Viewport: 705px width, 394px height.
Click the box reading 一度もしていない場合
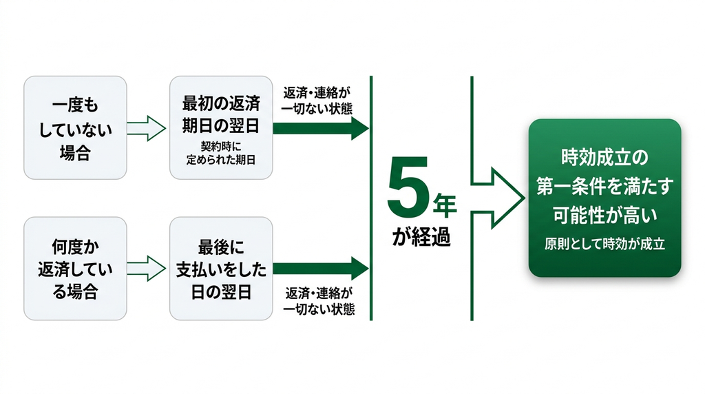[x=75, y=127]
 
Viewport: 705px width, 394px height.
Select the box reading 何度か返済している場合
[x=75, y=269]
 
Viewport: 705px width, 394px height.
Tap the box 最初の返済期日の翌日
[x=221, y=127]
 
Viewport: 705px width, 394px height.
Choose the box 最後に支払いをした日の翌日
[x=221, y=269]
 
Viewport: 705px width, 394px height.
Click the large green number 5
[x=408, y=186]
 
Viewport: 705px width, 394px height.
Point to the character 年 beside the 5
[x=445, y=205]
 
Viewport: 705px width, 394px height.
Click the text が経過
[x=421, y=236]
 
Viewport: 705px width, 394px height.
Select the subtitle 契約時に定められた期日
[x=221, y=154]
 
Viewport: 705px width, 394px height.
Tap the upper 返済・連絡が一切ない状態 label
[x=317, y=101]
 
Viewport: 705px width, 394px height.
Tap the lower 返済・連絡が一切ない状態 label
[x=319, y=301]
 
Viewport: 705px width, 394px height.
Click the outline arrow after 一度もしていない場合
[x=147, y=128]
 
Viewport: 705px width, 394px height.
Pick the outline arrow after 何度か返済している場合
[x=147, y=269]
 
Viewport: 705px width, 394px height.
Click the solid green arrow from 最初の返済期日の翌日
[x=321, y=128]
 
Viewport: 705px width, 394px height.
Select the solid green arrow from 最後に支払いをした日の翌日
[x=321, y=269]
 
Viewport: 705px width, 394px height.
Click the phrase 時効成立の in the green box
[x=604, y=158]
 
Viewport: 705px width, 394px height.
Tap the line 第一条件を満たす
[x=604, y=186]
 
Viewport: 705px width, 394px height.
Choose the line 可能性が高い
[x=604, y=216]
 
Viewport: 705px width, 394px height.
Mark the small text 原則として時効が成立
[x=604, y=245]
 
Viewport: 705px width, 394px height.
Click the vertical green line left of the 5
[x=371, y=198]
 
